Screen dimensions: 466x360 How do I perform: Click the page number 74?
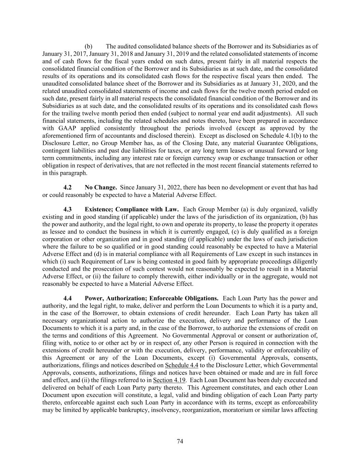[180, 441]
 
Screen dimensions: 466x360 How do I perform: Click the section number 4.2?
[68, 187]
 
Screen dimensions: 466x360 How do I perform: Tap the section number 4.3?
[68, 209]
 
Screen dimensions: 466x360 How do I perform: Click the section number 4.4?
[68, 298]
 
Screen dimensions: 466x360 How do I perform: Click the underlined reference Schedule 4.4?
[182, 365]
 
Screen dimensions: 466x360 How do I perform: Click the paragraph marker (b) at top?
[88, 46]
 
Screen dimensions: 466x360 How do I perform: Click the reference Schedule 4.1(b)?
[287, 136]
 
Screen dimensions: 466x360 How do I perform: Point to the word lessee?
[51, 231]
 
